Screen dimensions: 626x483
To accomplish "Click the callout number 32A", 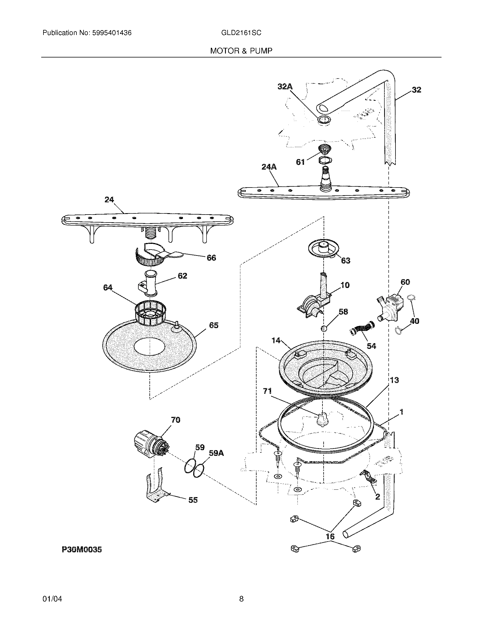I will click(x=285, y=87).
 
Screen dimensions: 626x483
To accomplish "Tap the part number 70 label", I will click(x=175, y=420).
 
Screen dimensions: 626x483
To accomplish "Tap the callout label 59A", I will click(x=216, y=453).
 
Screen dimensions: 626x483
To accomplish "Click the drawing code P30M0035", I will click(x=82, y=549).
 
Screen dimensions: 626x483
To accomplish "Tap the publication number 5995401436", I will click(x=112, y=33).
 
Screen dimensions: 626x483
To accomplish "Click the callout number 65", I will click(x=214, y=325).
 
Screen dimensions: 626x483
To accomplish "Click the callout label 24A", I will click(x=269, y=167).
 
